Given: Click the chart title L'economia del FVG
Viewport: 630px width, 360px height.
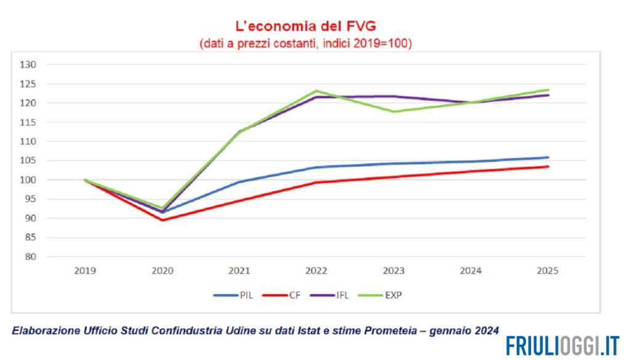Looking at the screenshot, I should click(x=306, y=26).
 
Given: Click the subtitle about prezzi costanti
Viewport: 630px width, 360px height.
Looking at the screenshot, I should click(x=305, y=44).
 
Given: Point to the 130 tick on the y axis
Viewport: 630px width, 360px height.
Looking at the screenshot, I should click(x=29, y=65).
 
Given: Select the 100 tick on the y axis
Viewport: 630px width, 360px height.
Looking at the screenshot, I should click(x=29, y=180).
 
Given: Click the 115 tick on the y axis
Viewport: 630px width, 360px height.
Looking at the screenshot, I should click(x=29, y=122).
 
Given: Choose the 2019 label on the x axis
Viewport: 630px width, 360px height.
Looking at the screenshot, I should click(x=84, y=271).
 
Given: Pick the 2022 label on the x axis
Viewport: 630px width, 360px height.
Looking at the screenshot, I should click(x=316, y=271).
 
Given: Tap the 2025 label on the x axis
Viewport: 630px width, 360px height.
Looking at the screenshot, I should click(x=548, y=271).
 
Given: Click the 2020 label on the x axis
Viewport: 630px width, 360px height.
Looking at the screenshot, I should click(x=162, y=271).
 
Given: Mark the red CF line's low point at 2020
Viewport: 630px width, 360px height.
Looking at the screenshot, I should click(x=162, y=220).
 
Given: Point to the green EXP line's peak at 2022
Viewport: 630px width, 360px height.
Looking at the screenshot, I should click(x=316, y=91).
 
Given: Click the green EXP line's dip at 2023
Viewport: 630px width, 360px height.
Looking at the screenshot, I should click(x=393, y=111).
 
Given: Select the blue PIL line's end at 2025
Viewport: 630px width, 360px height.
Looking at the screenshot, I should click(x=548, y=158).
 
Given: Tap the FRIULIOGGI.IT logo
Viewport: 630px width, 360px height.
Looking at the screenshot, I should click(x=562, y=346).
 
